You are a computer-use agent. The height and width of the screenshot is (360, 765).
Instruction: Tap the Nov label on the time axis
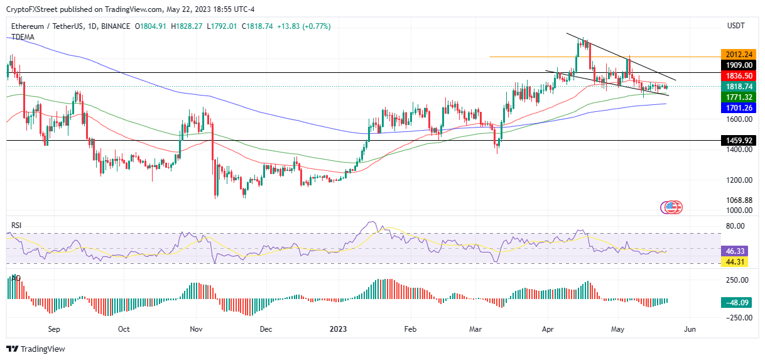pyautogui.click(x=195, y=329)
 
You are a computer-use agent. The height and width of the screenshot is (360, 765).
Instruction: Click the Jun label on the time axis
pyautogui.click(x=690, y=329)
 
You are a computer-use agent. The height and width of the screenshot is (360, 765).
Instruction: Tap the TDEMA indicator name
pyautogui.click(x=23, y=37)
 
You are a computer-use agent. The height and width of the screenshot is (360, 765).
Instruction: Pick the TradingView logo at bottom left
pyautogui.click(x=36, y=349)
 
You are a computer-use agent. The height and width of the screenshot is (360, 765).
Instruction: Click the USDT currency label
pyautogui.click(x=735, y=26)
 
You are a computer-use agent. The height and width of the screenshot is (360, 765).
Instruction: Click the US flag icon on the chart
pyautogui.click(x=673, y=206)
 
